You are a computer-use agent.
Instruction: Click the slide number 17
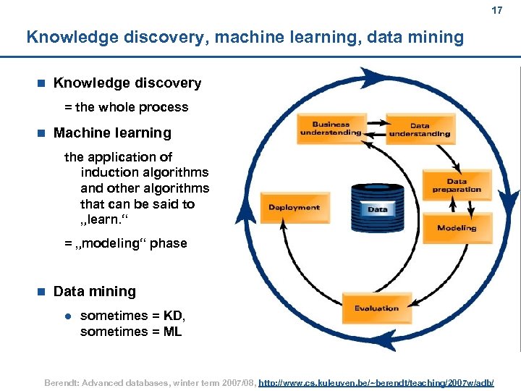tap(496, 11)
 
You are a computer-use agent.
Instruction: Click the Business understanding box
tap(330, 129)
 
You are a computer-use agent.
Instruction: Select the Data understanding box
tap(420, 130)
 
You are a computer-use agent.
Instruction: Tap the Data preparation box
tap(457, 185)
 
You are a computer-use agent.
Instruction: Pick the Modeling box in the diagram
tap(457, 228)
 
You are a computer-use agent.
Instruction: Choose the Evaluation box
tap(376, 308)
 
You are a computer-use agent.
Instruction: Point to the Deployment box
tap(294, 208)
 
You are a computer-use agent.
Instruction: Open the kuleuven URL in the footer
tap(376, 381)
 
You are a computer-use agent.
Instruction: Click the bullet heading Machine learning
tap(112, 133)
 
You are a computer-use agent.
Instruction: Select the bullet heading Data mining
tap(94, 291)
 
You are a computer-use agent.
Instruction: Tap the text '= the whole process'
tap(126, 107)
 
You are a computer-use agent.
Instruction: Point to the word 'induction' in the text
tap(109, 172)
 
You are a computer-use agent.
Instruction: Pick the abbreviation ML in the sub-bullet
tap(172, 332)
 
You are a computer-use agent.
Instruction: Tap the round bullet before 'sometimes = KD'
tap(67, 316)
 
